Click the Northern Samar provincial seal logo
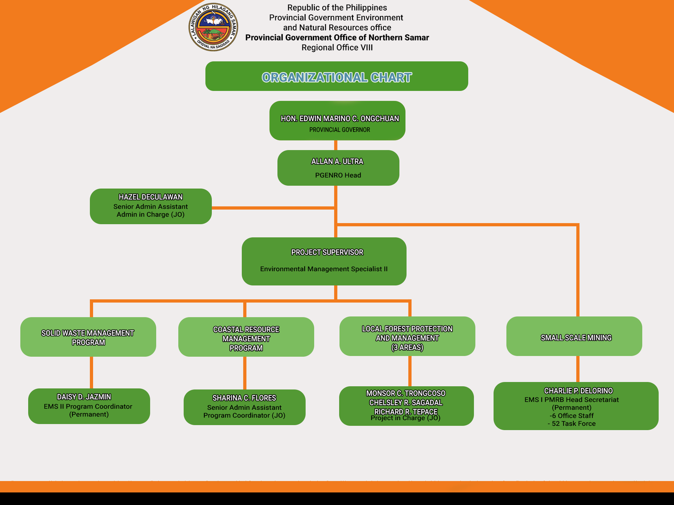pyautogui.click(x=213, y=27)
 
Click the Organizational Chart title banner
pyautogui.click(x=337, y=77)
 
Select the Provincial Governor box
pyautogui.click(x=337, y=121)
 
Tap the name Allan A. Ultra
pyautogui.click(x=337, y=162)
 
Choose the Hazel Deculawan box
pyautogui.click(x=151, y=206)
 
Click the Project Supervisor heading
pyautogui.click(x=327, y=252)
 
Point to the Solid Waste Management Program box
pyautogui.click(x=88, y=337)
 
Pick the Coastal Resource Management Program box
pyautogui.click(x=246, y=337)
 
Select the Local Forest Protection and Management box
pyautogui.click(x=407, y=337)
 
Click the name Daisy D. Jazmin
pyautogui.click(x=84, y=397)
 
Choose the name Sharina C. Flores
pyautogui.click(x=244, y=398)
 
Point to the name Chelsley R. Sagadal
pyautogui.click(x=406, y=403)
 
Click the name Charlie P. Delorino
pyautogui.click(x=578, y=391)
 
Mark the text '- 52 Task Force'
pyautogui.click(x=572, y=424)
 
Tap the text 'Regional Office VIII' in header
pyautogui.click(x=337, y=48)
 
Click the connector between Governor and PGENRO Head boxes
pyautogui.click(x=336, y=145)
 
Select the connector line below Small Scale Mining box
pyautogui.click(x=578, y=369)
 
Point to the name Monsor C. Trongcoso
pyautogui.click(x=406, y=393)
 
